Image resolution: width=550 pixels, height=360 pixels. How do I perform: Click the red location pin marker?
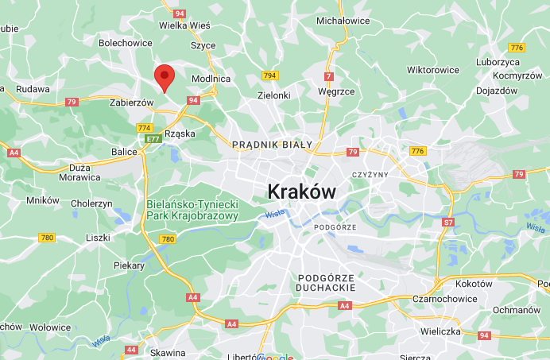click(x=164, y=78)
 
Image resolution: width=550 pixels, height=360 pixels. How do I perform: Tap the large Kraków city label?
click(x=302, y=192)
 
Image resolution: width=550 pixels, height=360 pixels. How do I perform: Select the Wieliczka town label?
click(x=440, y=331)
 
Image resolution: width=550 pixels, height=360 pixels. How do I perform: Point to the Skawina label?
click(x=168, y=352)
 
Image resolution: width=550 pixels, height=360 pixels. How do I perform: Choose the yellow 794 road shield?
click(x=269, y=75)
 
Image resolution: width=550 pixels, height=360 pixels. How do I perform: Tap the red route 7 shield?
click(x=328, y=76)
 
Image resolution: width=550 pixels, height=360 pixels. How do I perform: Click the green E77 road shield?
click(x=151, y=139)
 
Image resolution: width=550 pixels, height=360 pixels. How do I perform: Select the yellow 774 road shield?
click(x=144, y=127)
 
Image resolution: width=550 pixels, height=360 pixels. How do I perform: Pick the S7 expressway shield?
click(x=448, y=222)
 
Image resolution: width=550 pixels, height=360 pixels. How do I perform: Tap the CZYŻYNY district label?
click(x=369, y=174)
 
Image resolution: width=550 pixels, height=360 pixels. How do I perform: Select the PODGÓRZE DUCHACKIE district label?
click(x=326, y=281)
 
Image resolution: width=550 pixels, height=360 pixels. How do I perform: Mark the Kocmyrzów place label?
click(x=496, y=76)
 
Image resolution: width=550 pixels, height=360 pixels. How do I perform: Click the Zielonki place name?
click(x=274, y=95)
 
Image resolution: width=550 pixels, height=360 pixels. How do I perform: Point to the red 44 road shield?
click(x=131, y=349)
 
